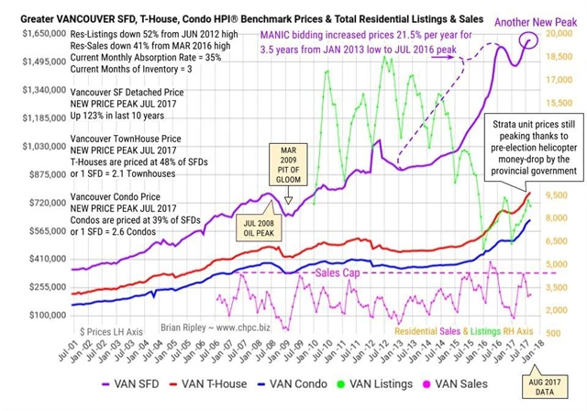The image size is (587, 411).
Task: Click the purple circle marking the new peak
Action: [529, 39]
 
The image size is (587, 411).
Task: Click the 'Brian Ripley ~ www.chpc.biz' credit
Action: [182, 324]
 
